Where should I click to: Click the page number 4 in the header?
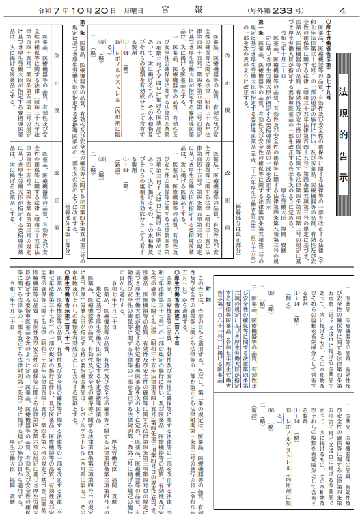click(344, 11)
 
